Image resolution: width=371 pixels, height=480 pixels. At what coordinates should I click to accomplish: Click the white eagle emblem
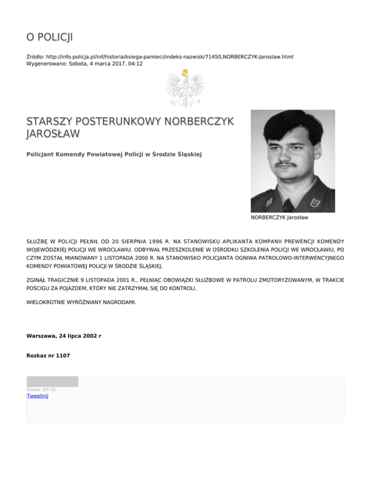point(185,88)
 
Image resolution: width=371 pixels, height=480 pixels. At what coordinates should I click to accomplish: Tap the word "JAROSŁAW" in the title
point(53,133)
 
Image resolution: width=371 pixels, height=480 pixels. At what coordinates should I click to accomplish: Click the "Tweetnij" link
point(37,396)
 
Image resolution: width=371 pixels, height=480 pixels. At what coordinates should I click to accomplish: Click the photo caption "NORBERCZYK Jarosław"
point(279,218)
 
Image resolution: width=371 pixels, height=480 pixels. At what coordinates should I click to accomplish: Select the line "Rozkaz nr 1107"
point(48,355)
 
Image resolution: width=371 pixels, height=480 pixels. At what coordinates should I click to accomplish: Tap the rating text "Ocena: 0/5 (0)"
point(41,390)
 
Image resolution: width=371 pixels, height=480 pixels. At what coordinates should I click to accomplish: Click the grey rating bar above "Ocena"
point(52,381)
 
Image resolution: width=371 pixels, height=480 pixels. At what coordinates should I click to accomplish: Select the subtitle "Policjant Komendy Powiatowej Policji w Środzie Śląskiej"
point(114,154)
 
